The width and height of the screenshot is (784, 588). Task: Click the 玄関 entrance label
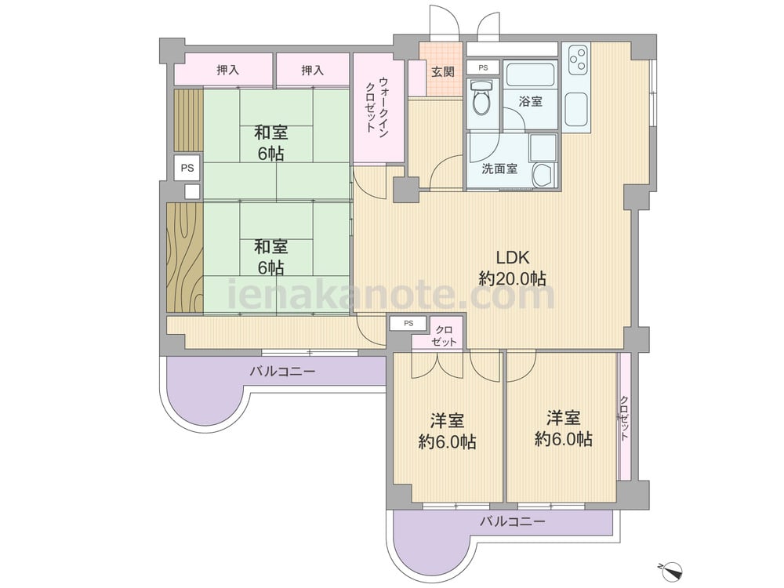point(443,72)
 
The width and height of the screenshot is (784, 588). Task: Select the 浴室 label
point(531,102)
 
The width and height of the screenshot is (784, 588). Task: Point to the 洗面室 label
point(499,169)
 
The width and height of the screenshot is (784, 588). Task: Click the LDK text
point(513,256)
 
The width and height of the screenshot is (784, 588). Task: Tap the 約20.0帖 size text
point(513,278)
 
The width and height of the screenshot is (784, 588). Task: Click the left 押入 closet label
point(227,71)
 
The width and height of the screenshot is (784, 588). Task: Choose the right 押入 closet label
point(312,71)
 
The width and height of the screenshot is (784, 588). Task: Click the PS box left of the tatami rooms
point(187,168)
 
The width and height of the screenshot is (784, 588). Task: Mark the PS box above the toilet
point(482,68)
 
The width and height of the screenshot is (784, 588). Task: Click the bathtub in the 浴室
point(531,76)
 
